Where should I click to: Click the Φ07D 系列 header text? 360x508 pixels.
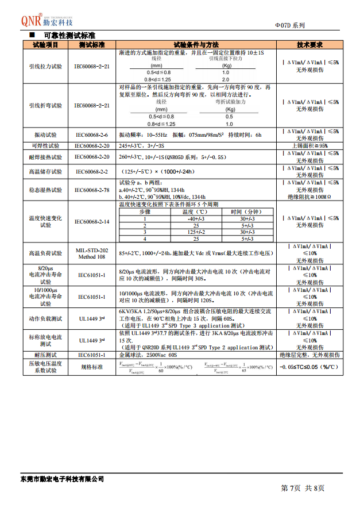(x=291, y=25)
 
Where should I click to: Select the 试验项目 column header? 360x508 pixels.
(x=45, y=45)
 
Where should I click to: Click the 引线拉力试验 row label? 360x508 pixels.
(x=45, y=67)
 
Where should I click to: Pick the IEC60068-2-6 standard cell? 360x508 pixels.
(x=92, y=134)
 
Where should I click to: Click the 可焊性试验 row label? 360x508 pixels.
(x=45, y=145)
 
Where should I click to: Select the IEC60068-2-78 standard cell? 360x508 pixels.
(x=92, y=189)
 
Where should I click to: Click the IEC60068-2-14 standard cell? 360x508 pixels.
(x=92, y=221)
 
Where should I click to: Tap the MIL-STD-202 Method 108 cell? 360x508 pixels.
(x=92, y=253)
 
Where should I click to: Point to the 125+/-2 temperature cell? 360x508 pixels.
(x=196, y=232)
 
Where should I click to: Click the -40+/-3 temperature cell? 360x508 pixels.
(x=196, y=218)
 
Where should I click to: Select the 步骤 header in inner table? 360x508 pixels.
(x=145, y=211)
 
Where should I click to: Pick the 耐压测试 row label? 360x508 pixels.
(x=45, y=355)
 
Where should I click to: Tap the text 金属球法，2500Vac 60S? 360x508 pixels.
(x=149, y=355)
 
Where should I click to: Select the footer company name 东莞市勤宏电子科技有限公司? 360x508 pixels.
(x=61, y=479)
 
